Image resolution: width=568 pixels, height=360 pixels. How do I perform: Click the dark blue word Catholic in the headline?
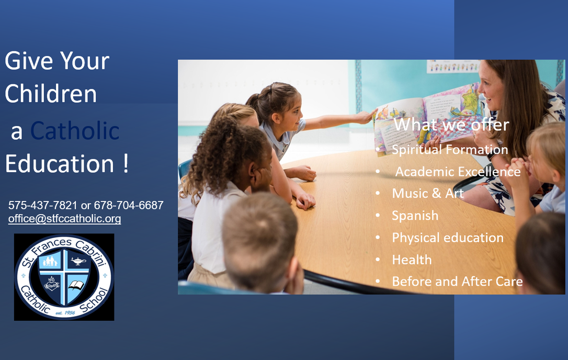75,130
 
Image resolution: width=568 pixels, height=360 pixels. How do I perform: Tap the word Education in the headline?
60,163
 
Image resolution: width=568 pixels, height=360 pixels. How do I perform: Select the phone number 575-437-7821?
43,205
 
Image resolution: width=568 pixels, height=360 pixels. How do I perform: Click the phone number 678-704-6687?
129,205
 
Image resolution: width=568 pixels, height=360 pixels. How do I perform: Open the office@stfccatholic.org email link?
64,219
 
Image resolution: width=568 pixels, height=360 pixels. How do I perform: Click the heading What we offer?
451,125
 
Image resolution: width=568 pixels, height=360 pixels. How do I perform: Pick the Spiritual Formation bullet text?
450,149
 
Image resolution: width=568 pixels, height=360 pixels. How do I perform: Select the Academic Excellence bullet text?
458,172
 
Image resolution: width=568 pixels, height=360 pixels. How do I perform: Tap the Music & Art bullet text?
428,193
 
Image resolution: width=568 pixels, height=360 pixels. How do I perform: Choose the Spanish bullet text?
415,216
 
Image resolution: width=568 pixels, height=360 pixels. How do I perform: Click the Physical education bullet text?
448,238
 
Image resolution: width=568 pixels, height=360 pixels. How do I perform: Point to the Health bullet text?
412,260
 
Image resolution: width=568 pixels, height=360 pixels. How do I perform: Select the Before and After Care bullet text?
458,282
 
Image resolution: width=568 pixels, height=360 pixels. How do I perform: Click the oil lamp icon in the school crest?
78,261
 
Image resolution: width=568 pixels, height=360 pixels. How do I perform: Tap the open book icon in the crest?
76,285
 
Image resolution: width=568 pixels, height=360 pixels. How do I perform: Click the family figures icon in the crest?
50,261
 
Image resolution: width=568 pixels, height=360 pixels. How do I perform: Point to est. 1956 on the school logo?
65,312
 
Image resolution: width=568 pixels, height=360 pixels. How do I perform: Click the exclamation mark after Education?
126,163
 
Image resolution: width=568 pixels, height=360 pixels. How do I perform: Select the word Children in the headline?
51,94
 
